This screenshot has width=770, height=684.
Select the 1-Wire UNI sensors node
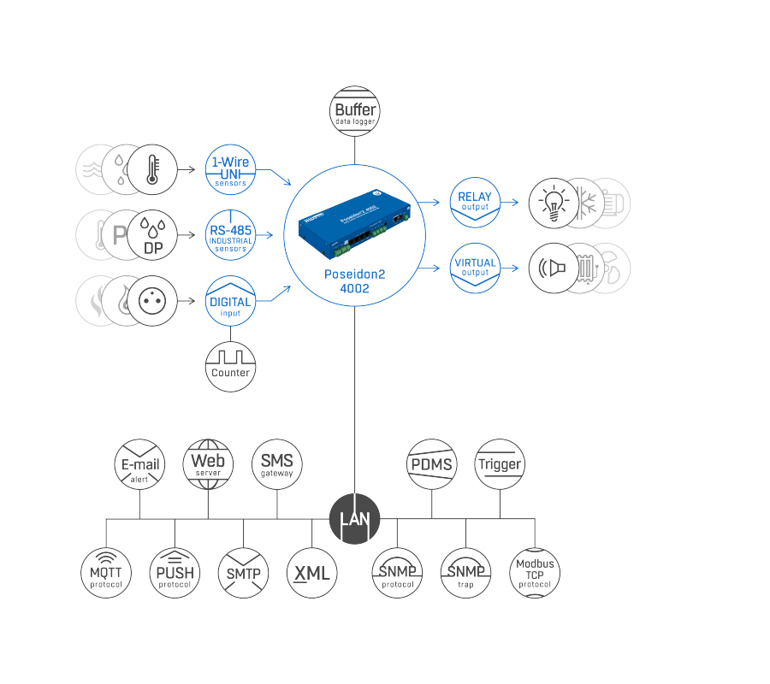(x=231, y=168)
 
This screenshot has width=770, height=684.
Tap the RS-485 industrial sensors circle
(x=231, y=234)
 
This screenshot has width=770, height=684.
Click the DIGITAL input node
(x=231, y=301)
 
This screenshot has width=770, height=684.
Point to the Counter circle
(x=231, y=366)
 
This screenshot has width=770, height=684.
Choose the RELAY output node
(x=475, y=202)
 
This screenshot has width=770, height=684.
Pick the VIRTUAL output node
(x=475, y=268)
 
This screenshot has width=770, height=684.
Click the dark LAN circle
(x=354, y=518)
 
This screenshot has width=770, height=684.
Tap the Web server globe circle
(x=208, y=464)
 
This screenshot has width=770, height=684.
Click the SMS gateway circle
(x=276, y=464)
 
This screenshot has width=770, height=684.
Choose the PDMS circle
(x=431, y=464)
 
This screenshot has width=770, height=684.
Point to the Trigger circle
(x=500, y=464)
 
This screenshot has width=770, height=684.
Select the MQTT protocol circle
(x=106, y=573)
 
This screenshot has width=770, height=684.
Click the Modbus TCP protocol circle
(x=535, y=573)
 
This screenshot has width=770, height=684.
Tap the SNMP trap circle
(x=466, y=573)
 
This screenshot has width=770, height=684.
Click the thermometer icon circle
(x=152, y=168)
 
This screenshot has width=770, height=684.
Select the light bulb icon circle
(x=554, y=203)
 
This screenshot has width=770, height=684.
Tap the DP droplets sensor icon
(x=152, y=234)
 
